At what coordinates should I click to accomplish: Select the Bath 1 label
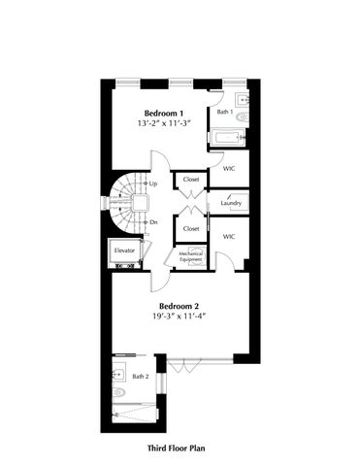224,112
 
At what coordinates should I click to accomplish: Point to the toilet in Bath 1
243,118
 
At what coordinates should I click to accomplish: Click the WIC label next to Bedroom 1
229,168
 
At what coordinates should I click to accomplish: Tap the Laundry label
231,202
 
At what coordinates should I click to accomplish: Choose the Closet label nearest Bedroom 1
190,180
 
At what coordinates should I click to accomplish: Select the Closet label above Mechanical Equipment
190,228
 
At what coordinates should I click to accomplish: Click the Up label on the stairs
153,183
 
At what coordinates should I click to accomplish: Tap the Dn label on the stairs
153,221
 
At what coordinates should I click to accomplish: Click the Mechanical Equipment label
189,256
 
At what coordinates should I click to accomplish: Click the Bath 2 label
140,376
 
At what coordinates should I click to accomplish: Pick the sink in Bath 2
116,374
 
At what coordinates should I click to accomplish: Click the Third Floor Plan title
180,449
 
